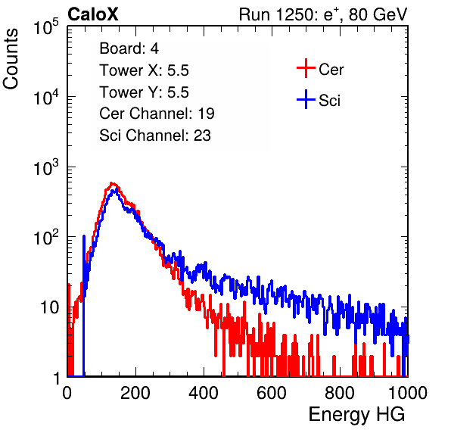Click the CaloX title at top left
[x=93, y=14]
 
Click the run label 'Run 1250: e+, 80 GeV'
[x=323, y=14]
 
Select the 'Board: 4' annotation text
[x=129, y=48]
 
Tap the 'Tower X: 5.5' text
[x=144, y=70]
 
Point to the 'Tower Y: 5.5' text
[x=144, y=92]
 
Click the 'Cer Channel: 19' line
[x=157, y=114]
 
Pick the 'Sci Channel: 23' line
[x=155, y=136]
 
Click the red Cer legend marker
[x=306, y=68]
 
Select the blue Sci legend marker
[x=306, y=99]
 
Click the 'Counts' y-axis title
[x=11, y=59]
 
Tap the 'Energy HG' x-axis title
[x=356, y=415]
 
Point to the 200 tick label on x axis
[x=135, y=393]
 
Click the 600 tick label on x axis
[x=272, y=393]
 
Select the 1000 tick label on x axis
[x=408, y=393]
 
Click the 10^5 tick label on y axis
[x=46, y=27]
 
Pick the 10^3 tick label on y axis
[x=46, y=168]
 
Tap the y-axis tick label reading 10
[x=49, y=307]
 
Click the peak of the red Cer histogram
[x=113, y=183]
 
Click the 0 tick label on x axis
[x=67, y=393]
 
